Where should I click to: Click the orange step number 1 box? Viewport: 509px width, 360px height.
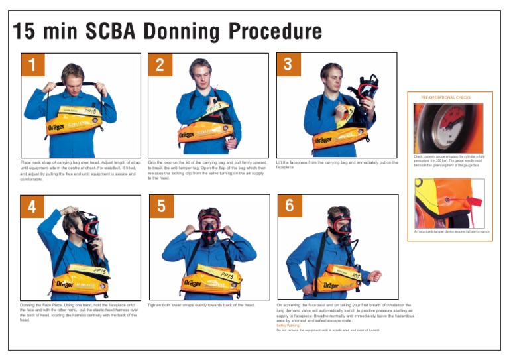tap(32, 64)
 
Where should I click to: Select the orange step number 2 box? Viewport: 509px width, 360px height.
tap(160, 64)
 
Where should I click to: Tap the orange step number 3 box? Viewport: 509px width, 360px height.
tap(288, 64)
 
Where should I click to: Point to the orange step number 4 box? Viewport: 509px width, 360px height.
tap(32, 206)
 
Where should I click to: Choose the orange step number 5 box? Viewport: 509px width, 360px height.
tap(161, 206)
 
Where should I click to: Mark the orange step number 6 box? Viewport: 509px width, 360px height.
tap(290, 206)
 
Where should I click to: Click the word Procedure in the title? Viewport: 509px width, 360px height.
tap(275, 31)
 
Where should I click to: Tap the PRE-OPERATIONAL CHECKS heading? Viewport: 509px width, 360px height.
tap(445, 97)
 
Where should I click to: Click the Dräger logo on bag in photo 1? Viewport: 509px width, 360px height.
tap(56, 125)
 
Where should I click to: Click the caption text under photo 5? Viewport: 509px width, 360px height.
tap(201, 305)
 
